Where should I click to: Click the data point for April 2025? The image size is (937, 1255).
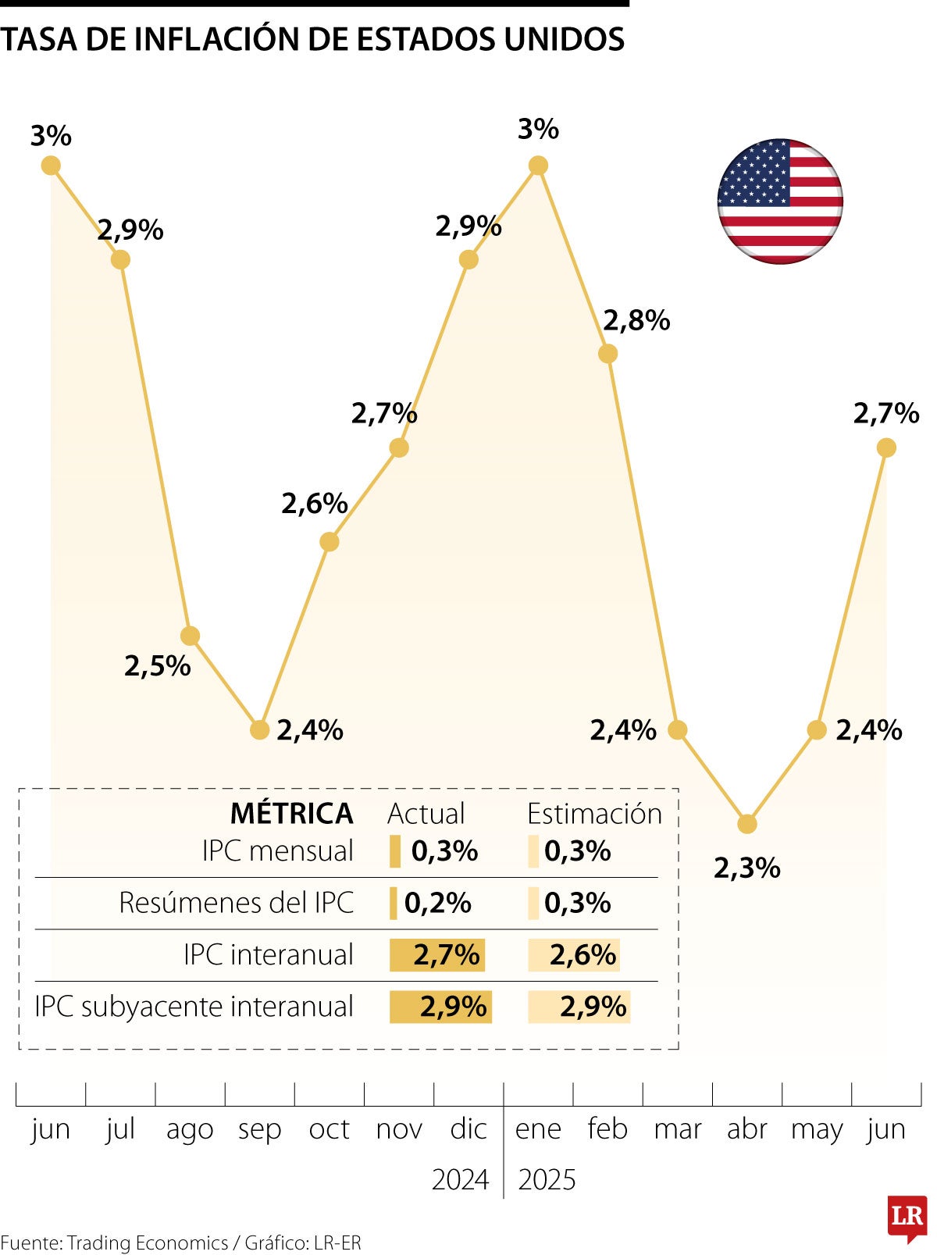[747, 824]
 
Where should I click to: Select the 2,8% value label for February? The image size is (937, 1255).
[636, 321]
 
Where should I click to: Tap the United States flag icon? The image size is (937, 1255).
[780, 201]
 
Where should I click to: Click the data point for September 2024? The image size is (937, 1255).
[260, 730]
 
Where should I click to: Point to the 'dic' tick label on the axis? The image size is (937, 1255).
[468, 1129]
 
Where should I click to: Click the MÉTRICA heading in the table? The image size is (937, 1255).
[291, 814]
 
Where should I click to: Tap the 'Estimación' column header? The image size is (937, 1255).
[594, 814]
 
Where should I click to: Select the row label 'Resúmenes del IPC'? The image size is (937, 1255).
[236, 903]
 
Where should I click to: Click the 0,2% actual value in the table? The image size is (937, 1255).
[437, 903]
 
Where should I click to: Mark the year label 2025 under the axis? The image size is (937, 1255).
[547, 1179]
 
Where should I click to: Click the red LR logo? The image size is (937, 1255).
[907, 1217]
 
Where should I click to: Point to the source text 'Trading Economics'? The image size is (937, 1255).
[148, 1243]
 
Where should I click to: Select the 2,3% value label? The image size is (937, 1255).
[747, 868]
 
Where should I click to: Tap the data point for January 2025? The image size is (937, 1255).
[538, 166]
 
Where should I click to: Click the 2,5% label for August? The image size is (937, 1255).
[158, 666]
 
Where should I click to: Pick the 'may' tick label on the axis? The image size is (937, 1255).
[817, 1129]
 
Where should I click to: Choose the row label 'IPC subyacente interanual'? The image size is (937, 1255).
[194, 1007]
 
